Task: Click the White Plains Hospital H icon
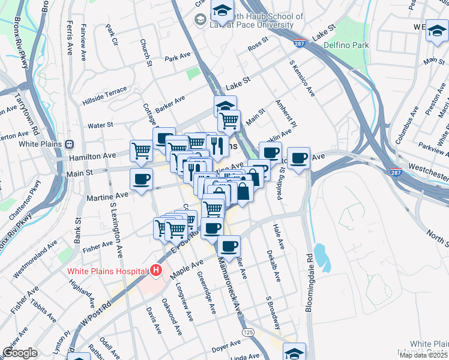point(157,271)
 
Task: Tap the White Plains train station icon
point(70,144)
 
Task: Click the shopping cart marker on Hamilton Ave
point(141,150)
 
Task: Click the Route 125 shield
point(247,331)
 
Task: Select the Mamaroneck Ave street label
point(230,284)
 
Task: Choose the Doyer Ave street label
point(226,345)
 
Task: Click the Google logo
point(19,353)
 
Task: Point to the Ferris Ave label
point(70,37)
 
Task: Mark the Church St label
point(145,53)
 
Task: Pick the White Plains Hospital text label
point(107,271)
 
